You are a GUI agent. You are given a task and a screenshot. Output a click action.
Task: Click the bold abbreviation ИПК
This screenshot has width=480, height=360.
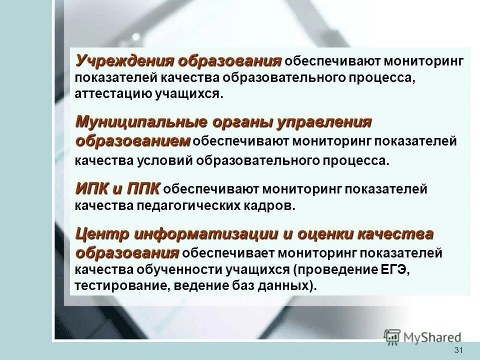click(x=92, y=188)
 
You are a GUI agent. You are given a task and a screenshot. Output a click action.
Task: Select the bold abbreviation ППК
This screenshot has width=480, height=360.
click(x=142, y=188)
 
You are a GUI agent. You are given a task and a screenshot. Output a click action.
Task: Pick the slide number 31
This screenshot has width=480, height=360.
click(x=458, y=350)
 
